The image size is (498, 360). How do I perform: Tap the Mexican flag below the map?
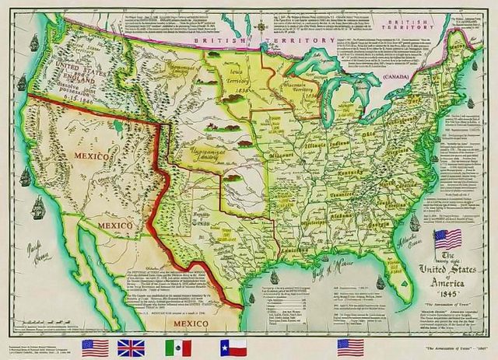(x=178, y=347)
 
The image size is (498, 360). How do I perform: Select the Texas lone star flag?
(x=232, y=347)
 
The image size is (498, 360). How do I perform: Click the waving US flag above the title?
(x=448, y=238)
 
